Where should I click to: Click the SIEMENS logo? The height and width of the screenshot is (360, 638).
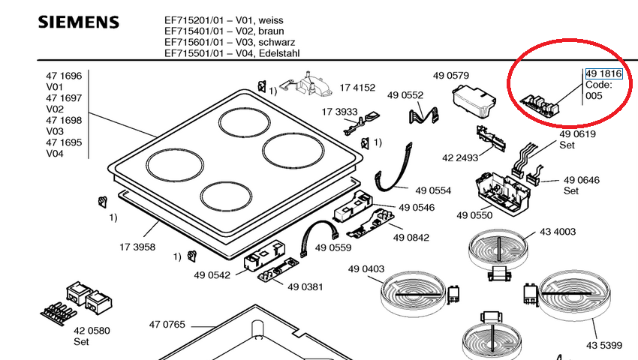[x=78, y=22]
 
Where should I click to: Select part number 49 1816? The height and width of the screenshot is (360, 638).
[x=603, y=73]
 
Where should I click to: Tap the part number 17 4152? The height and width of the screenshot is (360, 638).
[x=357, y=88]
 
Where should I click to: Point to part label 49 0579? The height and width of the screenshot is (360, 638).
[x=450, y=76]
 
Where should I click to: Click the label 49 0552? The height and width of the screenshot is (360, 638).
[x=405, y=95]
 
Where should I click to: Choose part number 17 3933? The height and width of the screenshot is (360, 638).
[x=340, y=112]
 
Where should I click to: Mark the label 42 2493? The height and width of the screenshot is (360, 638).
[x=460, y=157]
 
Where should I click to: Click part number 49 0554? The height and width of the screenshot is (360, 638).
[x=432, y=191]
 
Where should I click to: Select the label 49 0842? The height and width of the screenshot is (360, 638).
[x=411, y=238]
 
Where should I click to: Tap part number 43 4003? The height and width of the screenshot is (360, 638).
[x=558, y=232]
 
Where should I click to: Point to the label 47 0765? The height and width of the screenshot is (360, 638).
[x=167, y=325]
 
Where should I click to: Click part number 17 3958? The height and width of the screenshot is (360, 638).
[x=137, y=246]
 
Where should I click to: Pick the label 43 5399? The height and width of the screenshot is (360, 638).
[x=604, y=345]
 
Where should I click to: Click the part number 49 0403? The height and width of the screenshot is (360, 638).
[x=366, y=269]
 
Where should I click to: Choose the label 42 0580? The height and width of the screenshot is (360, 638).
[x=92, y=331]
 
